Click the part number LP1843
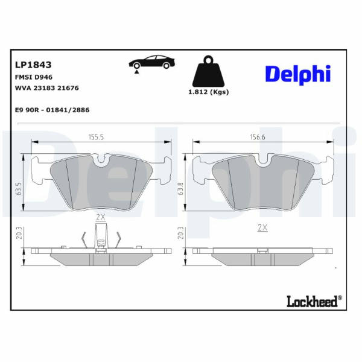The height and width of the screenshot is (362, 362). [33, 65]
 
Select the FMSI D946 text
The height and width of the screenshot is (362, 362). [34, 77]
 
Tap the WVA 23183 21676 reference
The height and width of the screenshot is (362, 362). [47, 88]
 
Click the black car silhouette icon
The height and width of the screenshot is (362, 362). [151, 62]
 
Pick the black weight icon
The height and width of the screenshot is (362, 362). [209, 71]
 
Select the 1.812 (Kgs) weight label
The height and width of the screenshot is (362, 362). [209, 92]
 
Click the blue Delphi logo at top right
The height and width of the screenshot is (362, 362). [298, 75]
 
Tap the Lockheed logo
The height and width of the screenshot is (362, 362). [312, 302]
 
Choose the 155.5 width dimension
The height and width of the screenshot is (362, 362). [97, 137]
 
